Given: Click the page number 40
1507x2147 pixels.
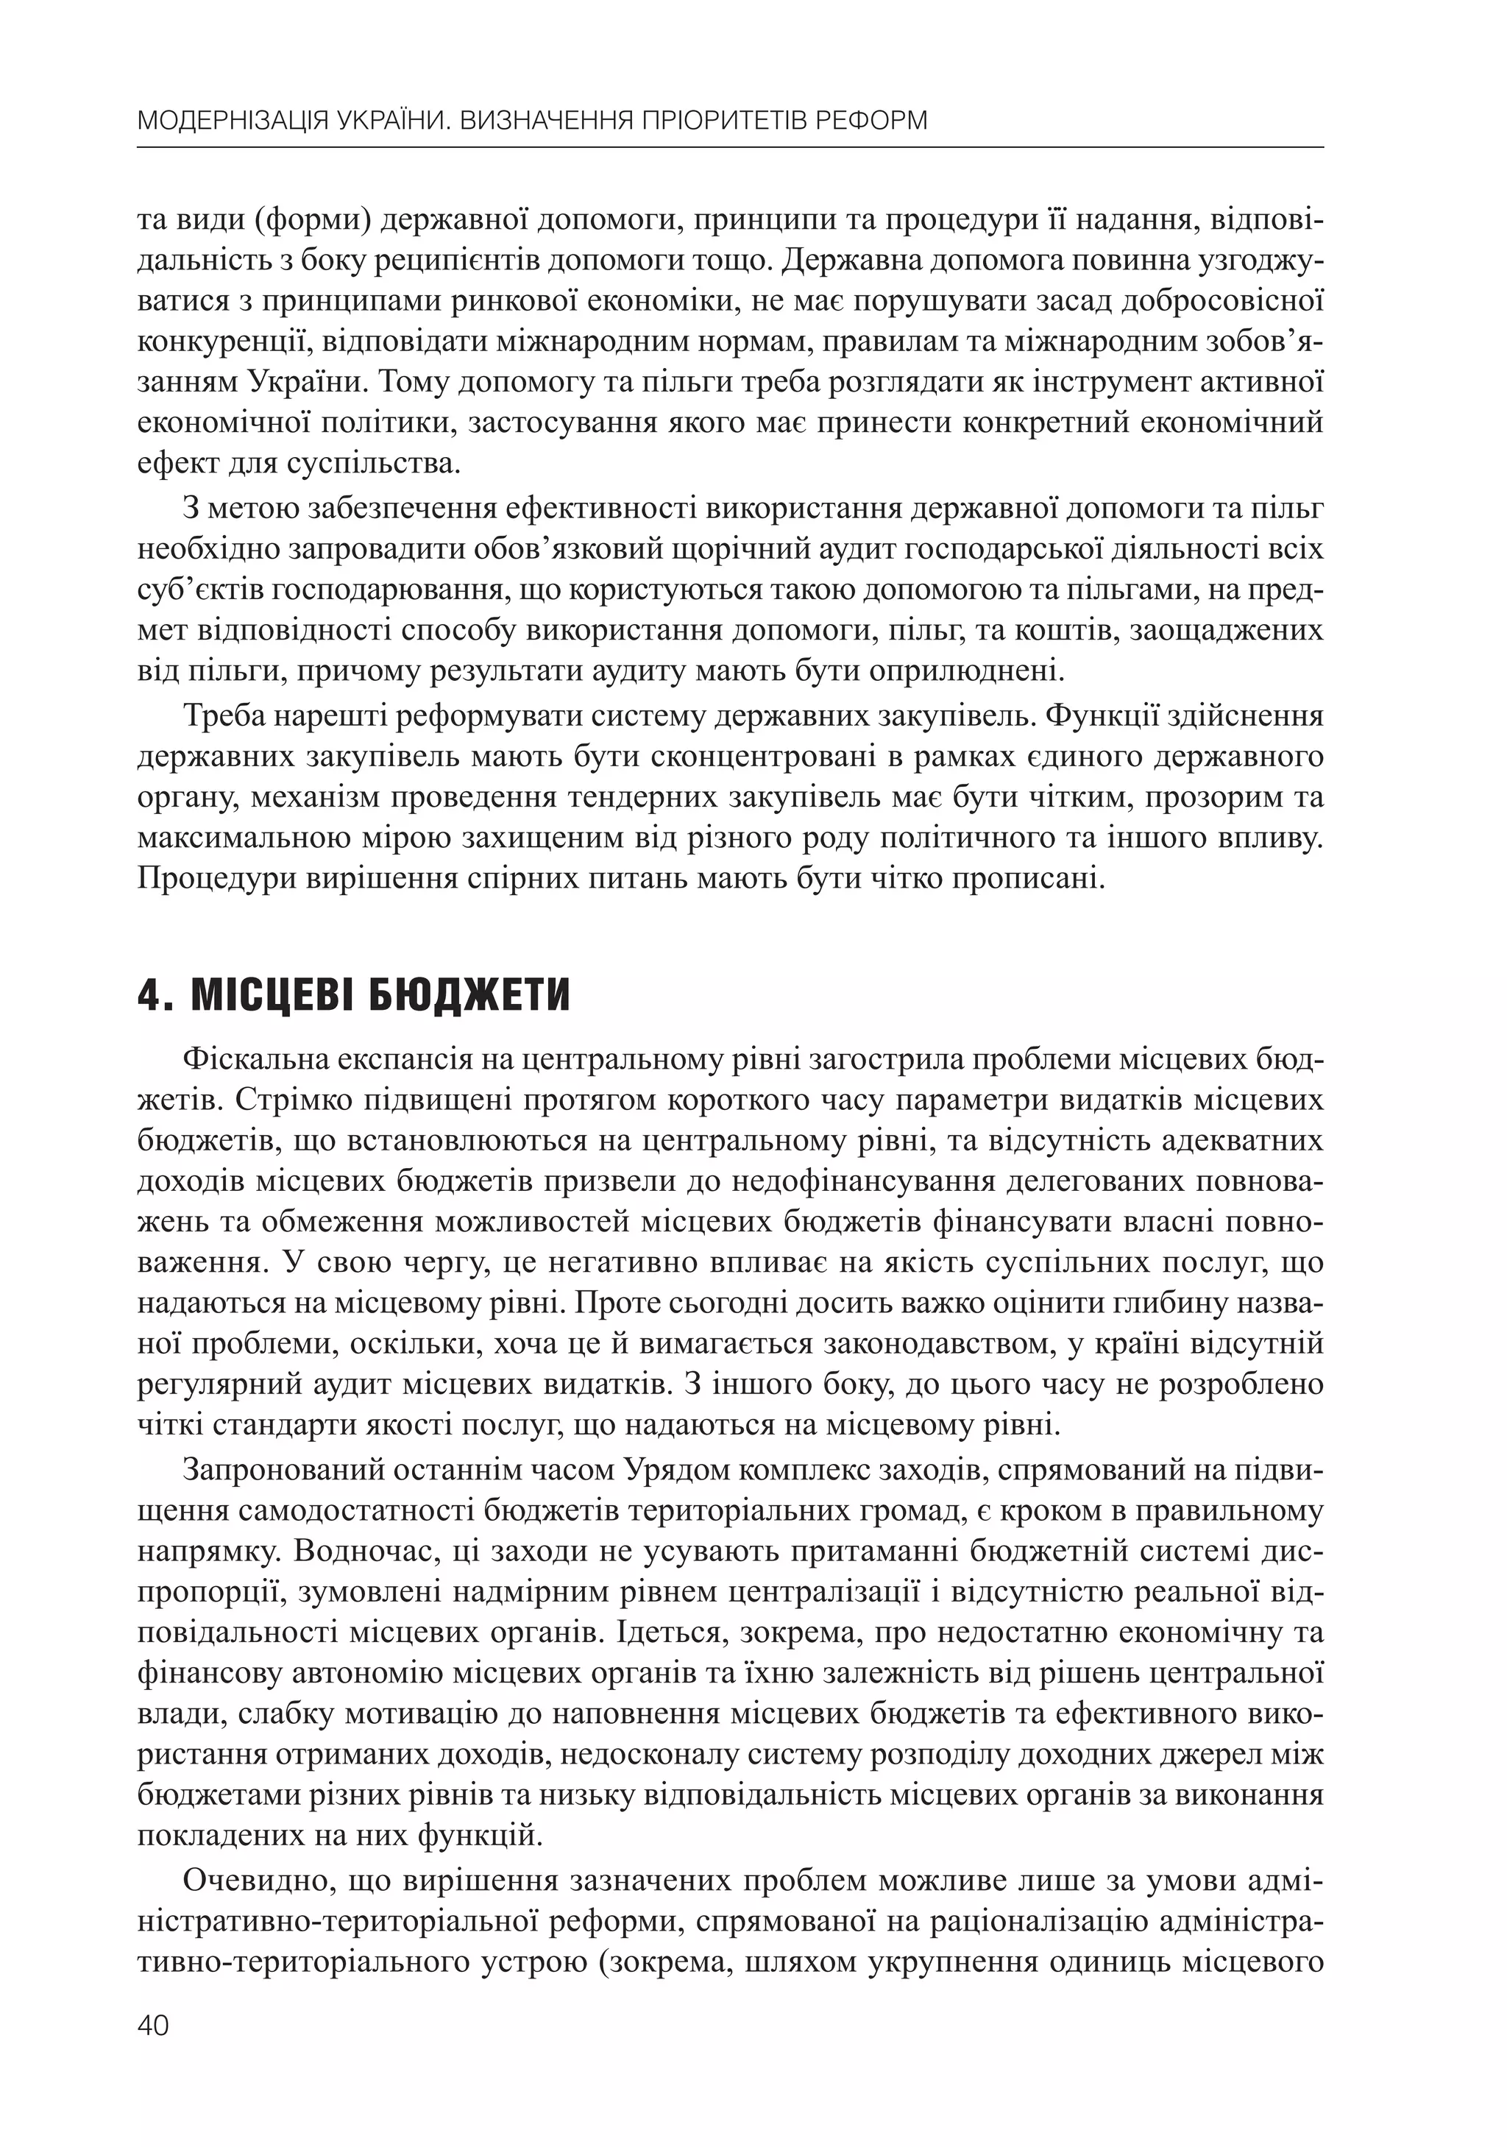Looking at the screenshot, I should pos(153,2026).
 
